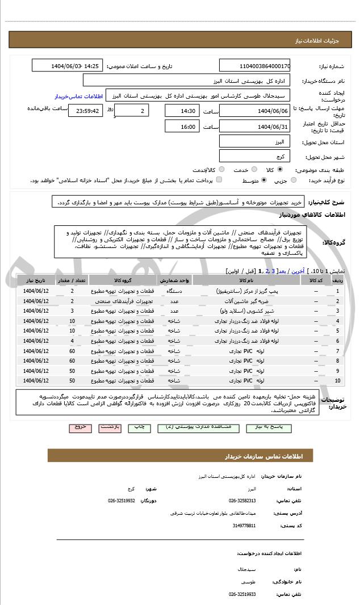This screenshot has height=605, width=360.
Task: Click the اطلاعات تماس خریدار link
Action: [73, 96]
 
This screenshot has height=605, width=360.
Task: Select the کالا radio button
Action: [279, 170]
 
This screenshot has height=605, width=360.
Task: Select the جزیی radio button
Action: [294, 180]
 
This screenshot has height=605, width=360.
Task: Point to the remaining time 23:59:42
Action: [85, 111]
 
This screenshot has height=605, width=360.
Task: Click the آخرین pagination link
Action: [298, 271]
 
